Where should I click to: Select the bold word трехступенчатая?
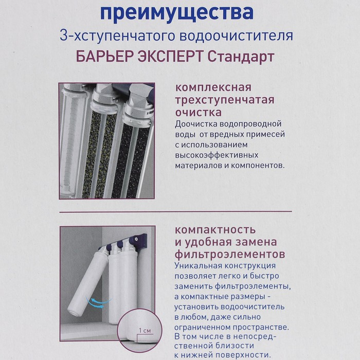click(x=225, y=99)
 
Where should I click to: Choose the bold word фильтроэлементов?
click(x=230, y=254)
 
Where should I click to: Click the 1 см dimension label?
click(x=145, y=330)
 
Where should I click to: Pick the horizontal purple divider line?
click(x=175, y=211)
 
